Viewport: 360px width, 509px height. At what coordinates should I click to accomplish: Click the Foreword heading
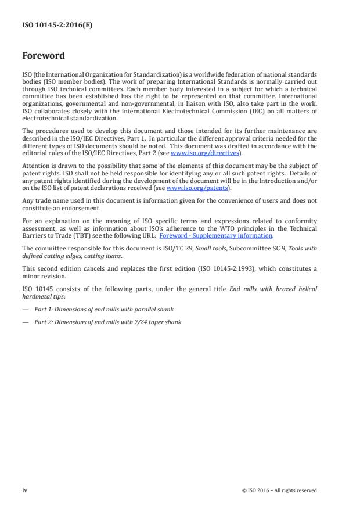click(43, 56)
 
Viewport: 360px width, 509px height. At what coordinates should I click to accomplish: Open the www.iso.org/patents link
click(189, 188)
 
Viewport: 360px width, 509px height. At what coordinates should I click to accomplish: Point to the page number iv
click(24, 490)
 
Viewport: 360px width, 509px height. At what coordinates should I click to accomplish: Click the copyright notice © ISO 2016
click(279, 490)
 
